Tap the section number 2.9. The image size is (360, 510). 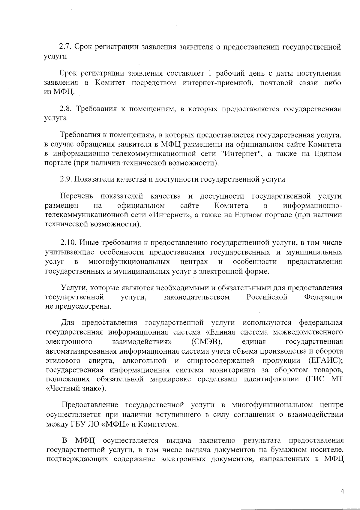pyautogui.click(x=66, y=180)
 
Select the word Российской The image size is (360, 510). pyautogui.click(x=267, y=297)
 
